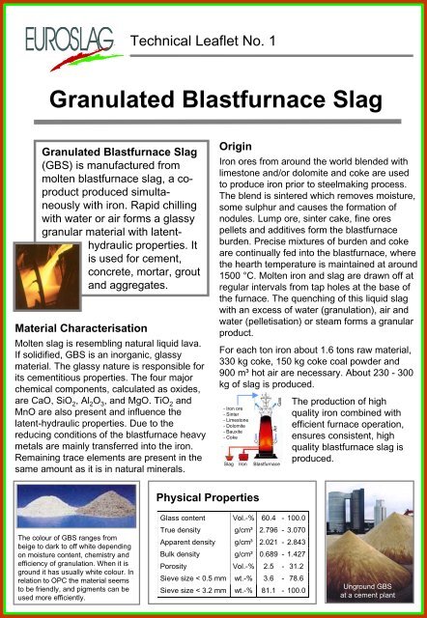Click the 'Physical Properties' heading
(214, 497)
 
